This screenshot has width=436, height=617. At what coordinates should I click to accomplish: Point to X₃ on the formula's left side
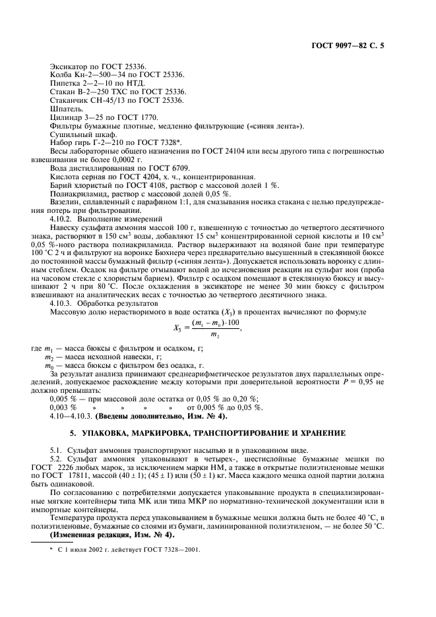(177, 326)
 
